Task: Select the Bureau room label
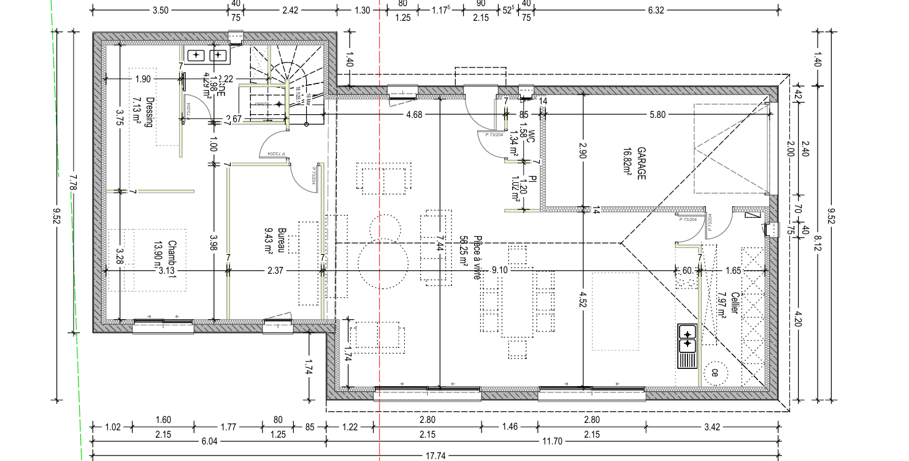[281, 240]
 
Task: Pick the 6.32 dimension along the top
[656, 10]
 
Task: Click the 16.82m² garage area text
[629, 163]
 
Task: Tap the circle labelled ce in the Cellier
[714, 371]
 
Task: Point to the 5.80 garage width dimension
[656, 114]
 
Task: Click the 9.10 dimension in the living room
[499, 269]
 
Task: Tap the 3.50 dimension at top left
[159, 10]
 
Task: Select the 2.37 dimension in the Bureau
[274, 269]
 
